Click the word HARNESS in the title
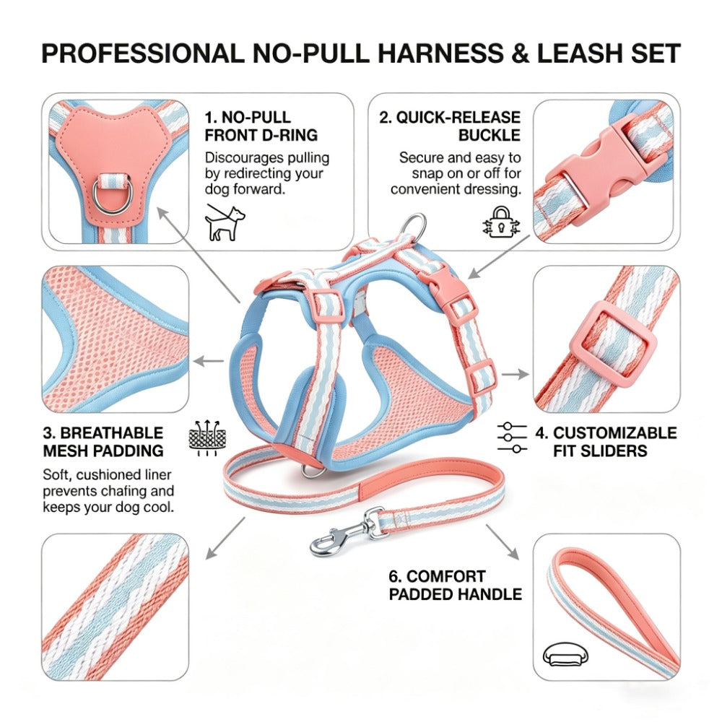(440, 53)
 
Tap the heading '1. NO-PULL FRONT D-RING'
(261, 126)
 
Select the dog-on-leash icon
(225, 222)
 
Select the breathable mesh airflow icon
(207, 437)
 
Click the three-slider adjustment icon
(512, 437)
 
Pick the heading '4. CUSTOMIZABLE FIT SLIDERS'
(606, 442)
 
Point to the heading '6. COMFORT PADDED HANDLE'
(456, 586)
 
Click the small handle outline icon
(565, 655)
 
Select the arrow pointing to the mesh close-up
(209, 361)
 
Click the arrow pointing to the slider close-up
(516, 374)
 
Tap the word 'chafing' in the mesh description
(123, 491)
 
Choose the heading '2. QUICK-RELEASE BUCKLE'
(450, 126)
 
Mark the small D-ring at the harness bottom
(310, 471)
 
